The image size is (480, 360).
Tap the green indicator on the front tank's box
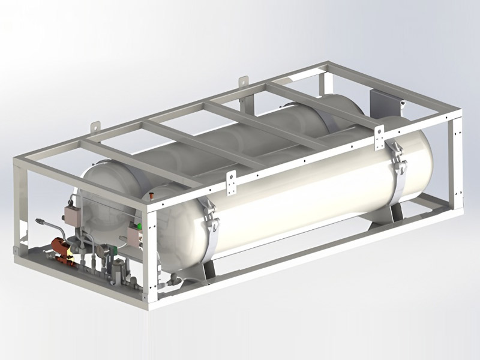pos(139,227)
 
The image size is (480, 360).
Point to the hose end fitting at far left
pos(40,221)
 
